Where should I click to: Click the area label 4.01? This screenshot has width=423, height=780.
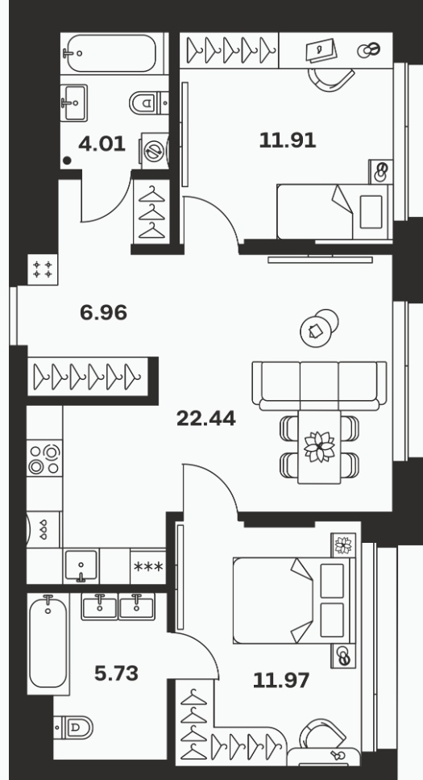click(102, 144)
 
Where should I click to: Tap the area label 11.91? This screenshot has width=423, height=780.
click(288, 140)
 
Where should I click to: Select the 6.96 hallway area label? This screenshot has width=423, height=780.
click(103, 312)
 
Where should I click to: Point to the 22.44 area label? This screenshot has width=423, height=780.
click(205, 419)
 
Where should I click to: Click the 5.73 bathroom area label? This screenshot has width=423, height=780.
click(116, 674)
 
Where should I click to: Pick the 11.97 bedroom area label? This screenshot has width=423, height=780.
click(281, 680)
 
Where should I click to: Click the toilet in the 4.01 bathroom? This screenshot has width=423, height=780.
click(148, 103)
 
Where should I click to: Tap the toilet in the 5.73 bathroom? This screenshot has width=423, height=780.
click(73, 728)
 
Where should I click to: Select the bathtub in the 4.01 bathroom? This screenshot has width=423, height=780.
click(111, 53)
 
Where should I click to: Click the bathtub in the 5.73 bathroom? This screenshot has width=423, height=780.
click(48, 644)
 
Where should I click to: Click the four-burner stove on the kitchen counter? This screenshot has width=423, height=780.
click(44, 458)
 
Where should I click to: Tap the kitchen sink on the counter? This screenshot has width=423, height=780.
click(81, 565)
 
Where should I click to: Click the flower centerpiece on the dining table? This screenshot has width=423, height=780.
click(320, 446)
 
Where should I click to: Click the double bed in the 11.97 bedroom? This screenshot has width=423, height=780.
click(294, 600)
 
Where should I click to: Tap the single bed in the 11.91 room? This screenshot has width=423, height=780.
click(334, 212)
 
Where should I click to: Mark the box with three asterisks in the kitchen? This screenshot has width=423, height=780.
click(148, 566)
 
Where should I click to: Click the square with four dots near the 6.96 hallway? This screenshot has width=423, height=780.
click(42, 269)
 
